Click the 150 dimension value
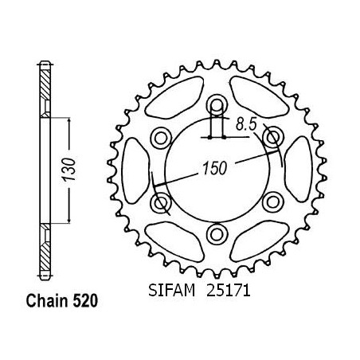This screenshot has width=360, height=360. [x=215, y=168]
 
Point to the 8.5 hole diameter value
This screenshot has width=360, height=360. [x=247, y=124]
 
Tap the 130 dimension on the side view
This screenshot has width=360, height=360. [x=68, y=170]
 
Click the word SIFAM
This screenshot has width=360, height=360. [x=172, y=290]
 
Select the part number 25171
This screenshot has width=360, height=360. [x=229, y=290]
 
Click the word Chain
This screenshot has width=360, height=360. [x=47, y=301]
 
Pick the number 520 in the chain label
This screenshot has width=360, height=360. [x=85, y=301]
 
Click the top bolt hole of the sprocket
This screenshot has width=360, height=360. [x=217, y=105]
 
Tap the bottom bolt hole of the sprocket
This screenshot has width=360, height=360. [x=217, y=234]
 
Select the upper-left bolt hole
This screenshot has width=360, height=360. [x=161, y=138]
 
